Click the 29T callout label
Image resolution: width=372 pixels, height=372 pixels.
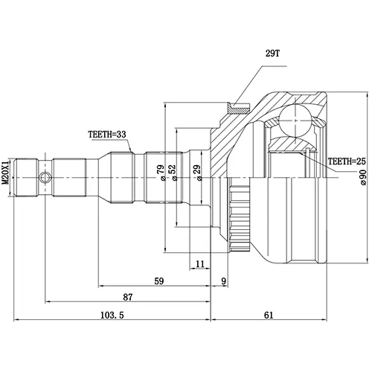[272, 54]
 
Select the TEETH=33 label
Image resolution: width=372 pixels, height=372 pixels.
[107, 135]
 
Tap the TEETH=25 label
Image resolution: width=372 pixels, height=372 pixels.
[347, 161]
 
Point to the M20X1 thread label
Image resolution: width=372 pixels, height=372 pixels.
[5, 172]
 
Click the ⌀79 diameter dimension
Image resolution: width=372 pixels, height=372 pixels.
[161, 173]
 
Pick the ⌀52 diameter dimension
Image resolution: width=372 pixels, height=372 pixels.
[173, 173]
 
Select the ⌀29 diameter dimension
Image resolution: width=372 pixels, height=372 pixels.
[198, 173]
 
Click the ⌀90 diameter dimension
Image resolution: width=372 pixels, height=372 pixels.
[362, 177]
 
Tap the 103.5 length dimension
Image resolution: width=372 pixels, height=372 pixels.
[112, 315]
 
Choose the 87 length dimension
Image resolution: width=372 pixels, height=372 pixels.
[128, 297]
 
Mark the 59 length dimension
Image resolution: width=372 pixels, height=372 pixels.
[159, 281]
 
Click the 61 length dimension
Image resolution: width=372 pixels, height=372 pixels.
[269, 315]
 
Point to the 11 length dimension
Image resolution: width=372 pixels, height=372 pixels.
[200, 264]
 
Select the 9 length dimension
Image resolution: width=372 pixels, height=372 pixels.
[224, 281]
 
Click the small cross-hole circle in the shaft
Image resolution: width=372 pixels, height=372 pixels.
[45, 178]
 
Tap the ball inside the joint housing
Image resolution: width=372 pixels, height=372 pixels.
[295, 121]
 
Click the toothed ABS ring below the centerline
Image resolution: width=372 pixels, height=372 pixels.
[240, 218]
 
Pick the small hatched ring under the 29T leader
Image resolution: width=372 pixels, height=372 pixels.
[239, 108]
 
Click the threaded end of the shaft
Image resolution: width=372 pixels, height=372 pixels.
[26, 178]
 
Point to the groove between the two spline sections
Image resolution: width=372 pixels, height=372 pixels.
[139, 178]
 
